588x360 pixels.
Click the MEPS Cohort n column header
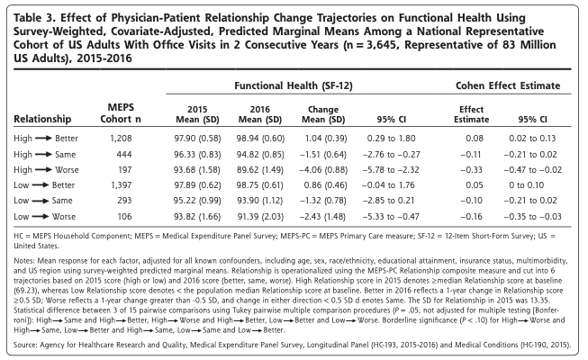tap(121, 113)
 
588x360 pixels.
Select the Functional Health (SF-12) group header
tap(294, 85)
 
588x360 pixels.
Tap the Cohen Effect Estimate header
tap(508, 85)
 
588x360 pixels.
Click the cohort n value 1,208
tap(121, 139)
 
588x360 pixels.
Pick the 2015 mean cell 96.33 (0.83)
tap(197, 155)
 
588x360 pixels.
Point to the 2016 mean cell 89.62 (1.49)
tap(260, 170)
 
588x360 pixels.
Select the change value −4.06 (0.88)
tap(323, 170)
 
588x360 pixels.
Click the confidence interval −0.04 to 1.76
tap(388, 185)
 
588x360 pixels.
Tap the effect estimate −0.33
tap(471, 170)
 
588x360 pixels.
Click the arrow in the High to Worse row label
tap(43, 170)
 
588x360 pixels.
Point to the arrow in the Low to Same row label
tap(41, 201)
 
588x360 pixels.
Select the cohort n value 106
tap(125, 217)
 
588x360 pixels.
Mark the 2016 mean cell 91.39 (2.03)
tap(260, 217)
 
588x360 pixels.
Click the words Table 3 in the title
tap(34, 18)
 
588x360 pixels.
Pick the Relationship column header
tap(42, 119)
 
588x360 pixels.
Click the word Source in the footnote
tap(24, 345)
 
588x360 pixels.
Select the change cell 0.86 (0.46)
tap(325, 185)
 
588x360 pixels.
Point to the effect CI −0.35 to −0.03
tap(532, 217)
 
